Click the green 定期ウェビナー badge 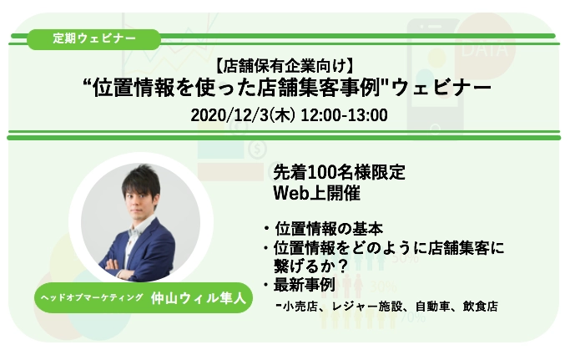[93, 39]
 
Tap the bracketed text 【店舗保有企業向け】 [285, 66]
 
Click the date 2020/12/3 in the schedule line [230, 115]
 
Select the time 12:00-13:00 [344, 115]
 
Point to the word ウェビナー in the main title [441, 88]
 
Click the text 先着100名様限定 [339, 173]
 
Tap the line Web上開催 [316, 193]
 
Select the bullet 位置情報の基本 [329, 229]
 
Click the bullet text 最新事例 [304, 285]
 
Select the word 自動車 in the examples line [432, 307]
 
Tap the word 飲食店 [480, 307]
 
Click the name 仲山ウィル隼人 [198, 298]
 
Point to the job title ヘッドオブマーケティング [92, 297]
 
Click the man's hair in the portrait [141, 179]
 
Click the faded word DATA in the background [485, 49]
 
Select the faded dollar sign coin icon [257, 149]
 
